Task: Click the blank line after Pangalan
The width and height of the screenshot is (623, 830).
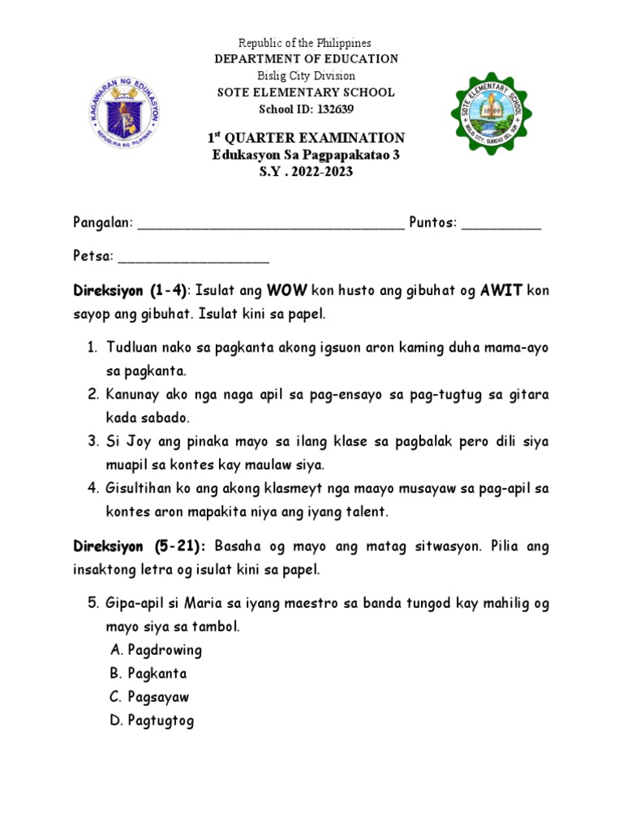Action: [271, 225]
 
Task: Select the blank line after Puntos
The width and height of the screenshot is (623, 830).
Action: [501, 225]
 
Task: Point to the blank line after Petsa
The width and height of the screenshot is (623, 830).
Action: [194, 260]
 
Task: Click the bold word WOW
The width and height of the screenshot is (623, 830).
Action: [286, 289]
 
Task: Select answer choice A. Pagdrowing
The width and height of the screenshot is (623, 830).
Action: [156, 649]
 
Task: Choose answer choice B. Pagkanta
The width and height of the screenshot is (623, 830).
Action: [148, 673]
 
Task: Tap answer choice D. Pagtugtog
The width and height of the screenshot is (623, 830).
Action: [153, 720]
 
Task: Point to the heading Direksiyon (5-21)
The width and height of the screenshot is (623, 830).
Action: [140, 547]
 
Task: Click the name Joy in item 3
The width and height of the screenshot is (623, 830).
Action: [138, 442]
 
